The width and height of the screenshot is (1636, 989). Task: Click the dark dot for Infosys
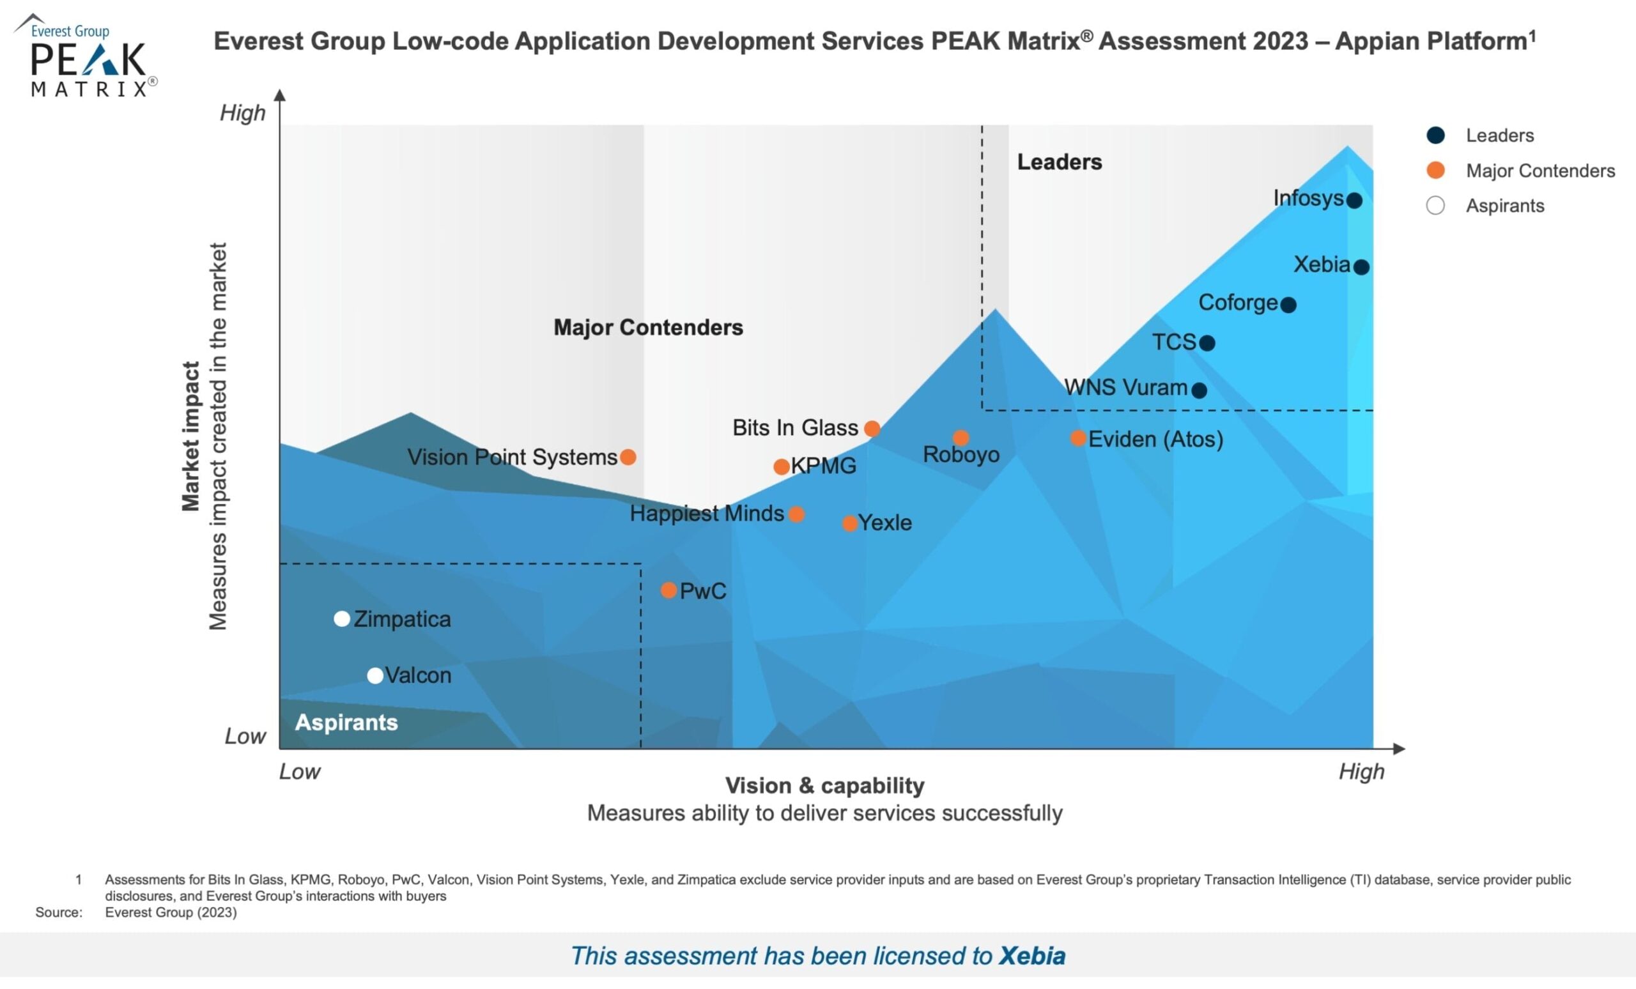click(1354, 201)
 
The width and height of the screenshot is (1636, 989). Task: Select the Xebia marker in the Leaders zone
click(1361, 267)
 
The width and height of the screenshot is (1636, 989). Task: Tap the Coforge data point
click(1288, 305)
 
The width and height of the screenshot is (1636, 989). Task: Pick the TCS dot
click(1207, 343)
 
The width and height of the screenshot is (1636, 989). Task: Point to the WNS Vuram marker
click(1199, 390)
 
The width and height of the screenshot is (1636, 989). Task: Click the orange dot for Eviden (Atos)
click(1077, 438)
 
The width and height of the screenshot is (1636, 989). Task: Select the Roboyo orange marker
click(961, 438)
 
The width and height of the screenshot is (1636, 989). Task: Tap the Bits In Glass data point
click(872, 429)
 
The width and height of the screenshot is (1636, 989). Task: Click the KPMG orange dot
click(782, 466)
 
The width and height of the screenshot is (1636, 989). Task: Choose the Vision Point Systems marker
click(628, 457)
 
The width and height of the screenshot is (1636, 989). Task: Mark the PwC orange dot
click(668, 590)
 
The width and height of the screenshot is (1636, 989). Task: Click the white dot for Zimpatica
click(341, 618)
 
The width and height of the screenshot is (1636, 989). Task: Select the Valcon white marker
click(375, 675)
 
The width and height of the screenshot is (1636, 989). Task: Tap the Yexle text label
click(885, 523)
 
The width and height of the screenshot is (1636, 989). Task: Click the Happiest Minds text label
click(706, 513)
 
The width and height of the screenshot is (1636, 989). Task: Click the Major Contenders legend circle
click(1435, 171)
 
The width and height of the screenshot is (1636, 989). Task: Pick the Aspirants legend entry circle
click(1435, 206)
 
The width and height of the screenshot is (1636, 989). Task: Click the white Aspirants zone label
click(346, 722)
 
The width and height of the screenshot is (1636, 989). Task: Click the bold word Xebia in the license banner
click(1032, 956)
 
